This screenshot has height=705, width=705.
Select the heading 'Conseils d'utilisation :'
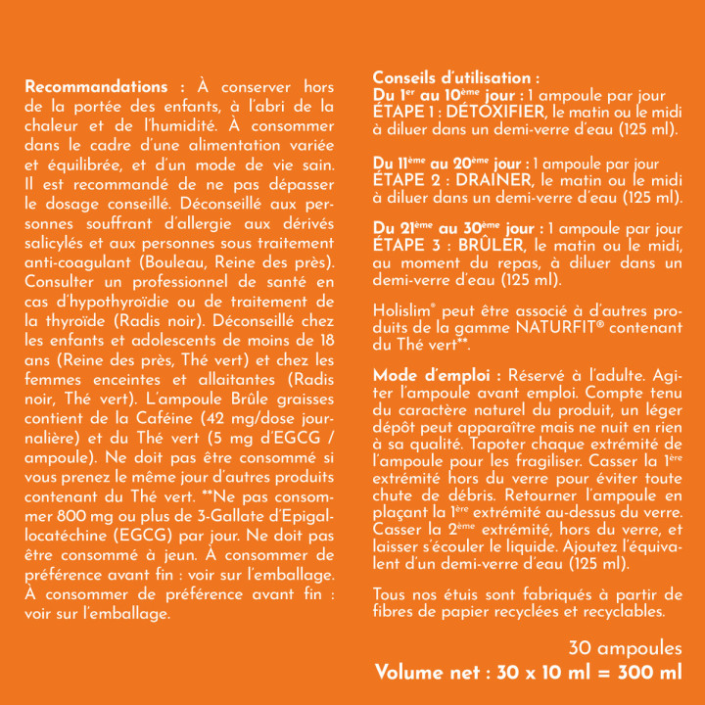455,77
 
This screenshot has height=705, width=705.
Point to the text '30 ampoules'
625,649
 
